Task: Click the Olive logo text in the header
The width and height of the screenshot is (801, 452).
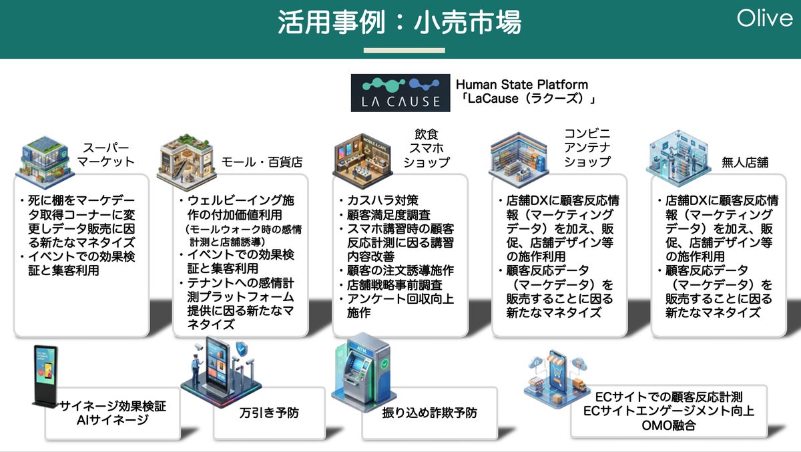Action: [x=764, y=18]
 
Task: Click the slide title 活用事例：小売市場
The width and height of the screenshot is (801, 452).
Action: [x=400, y=22]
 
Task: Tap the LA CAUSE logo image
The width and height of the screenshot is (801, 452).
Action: [x=396, y=93]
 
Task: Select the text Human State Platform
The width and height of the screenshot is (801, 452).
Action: [x=522, y=85]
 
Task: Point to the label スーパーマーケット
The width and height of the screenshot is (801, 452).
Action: [x=105, y=155]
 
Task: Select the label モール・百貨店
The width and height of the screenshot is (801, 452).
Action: [x=262, y=162]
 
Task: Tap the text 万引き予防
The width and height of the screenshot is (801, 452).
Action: [x=269, y=413]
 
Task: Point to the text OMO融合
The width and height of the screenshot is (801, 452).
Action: [x=668, y=425]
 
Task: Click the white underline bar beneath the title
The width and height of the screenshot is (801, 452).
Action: [x=404, y=50]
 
